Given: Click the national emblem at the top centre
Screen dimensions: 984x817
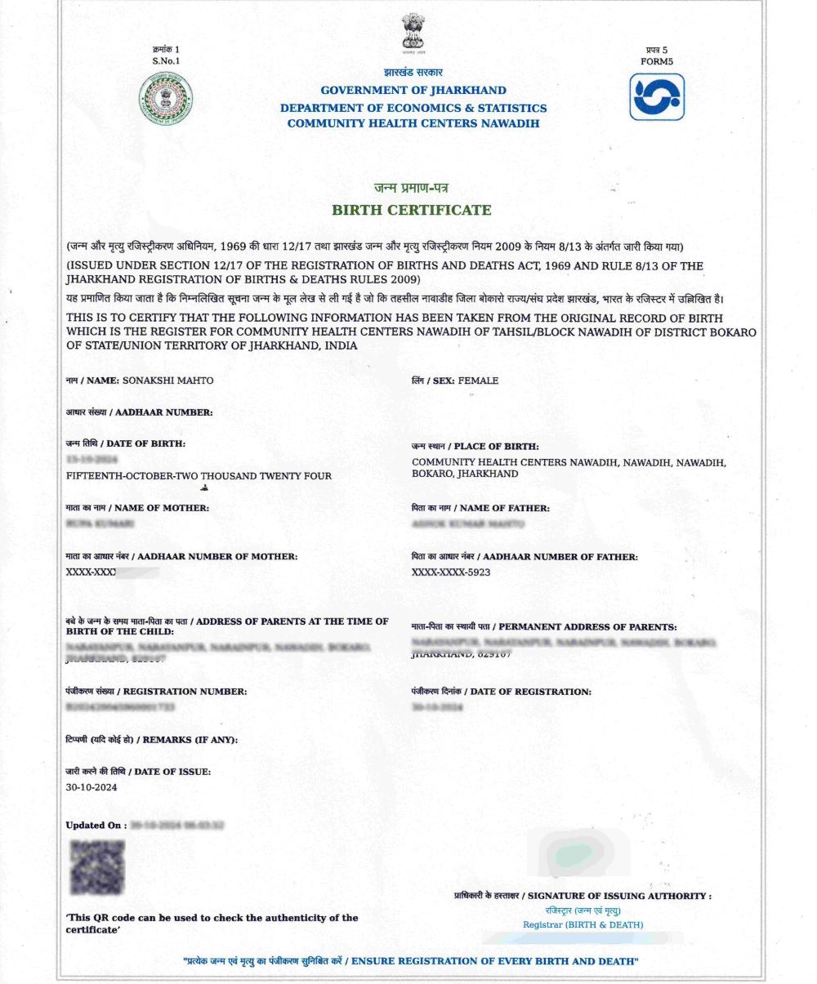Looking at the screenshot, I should click(413, 33).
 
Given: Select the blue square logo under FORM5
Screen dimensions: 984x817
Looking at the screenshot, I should click(656, 97).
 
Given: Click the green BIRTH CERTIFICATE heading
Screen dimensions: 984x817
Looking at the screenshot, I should click(412, 210).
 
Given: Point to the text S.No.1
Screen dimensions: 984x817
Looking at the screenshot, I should click(166, 61).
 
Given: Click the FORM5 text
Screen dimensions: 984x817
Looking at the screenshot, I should click(657, 61).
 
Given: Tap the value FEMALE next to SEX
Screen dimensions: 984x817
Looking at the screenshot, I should click(478, 381).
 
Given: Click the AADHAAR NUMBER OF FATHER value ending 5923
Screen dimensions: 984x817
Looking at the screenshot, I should click(451, 572).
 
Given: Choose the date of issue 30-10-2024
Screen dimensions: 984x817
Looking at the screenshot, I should click(92, 787).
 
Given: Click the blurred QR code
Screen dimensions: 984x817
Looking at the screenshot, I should click(96, 866).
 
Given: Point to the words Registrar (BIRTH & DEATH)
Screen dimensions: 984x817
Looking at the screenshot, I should click(583, 924).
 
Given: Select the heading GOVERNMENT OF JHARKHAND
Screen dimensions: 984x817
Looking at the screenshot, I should click(413, 91).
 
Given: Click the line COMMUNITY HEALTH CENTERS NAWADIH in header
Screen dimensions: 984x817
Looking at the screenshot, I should click(413, 123).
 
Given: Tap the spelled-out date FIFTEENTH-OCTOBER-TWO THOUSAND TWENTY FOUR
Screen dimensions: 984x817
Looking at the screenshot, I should click(199, 475).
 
